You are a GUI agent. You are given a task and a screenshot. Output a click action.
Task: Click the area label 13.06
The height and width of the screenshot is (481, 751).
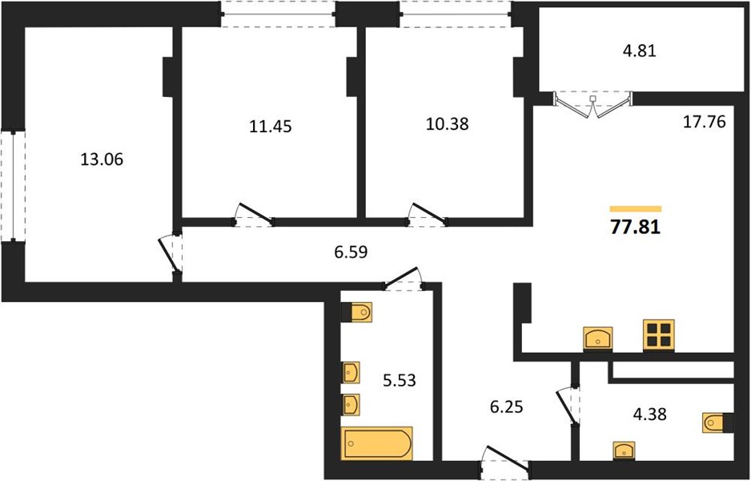coord(102,160)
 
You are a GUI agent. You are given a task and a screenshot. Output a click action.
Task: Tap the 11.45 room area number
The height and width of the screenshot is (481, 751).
coord(271,126)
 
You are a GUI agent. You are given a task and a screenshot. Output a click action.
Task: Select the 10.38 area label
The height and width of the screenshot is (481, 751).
coord(448,123)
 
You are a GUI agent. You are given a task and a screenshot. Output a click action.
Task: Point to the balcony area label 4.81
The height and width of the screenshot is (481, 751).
coord(639,50)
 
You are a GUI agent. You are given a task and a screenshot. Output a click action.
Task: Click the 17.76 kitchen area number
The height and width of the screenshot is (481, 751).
coord(704,122)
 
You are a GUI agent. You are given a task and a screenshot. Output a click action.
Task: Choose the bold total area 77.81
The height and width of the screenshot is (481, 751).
coord(636,226)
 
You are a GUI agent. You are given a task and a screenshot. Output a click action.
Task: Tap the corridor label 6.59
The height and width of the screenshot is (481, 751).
coord(351,251)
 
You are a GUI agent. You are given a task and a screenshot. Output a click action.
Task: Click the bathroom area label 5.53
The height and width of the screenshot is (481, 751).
coord(400,381)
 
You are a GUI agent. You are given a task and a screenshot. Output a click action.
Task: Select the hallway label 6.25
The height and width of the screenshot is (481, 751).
coord(506,406)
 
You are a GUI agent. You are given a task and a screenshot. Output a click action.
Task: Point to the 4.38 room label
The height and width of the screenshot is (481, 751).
coord(649,414)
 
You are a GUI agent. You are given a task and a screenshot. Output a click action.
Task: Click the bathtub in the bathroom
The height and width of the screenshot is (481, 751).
coord(377,443)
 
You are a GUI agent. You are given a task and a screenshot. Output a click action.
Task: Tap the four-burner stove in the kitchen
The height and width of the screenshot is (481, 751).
coord(659,335)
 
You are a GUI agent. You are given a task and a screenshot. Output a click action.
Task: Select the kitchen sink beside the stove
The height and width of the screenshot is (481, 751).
coord(598,339)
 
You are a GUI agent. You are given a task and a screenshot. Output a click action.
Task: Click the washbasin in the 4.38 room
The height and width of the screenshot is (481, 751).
coord(624,451)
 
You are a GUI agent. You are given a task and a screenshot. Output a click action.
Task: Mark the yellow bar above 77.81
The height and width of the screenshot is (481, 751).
coord(636,208)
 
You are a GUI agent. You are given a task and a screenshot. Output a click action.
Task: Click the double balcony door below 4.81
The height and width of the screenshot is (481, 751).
coord(593,104)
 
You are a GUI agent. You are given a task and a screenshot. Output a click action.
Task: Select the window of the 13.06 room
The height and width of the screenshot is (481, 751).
coord(13,186)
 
